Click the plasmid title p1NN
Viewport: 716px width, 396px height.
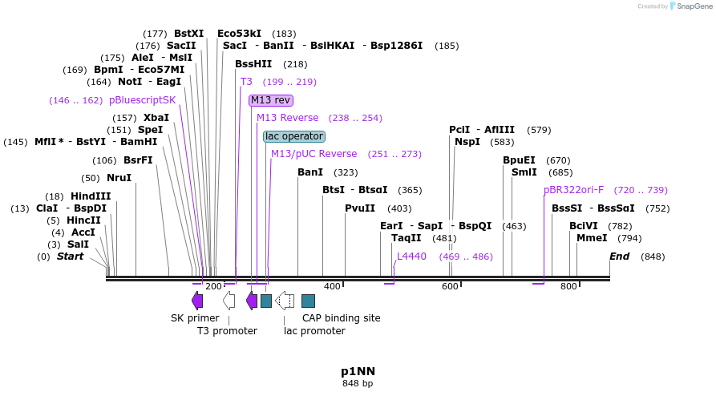click(x=358, y=371)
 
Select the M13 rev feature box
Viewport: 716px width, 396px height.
click(x=271, y=100)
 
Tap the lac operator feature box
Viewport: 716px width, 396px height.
click(x=294, y=136)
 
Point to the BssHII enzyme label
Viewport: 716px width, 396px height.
click(x=253, y=64)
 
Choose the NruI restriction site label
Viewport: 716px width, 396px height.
click(x=119, y=178)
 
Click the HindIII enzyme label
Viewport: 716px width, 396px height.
click(x=91, y=196)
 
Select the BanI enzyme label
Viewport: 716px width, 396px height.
click(x=310, y=172)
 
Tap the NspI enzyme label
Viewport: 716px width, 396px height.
click(x=467, y=142)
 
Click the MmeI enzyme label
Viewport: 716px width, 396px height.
click(x=592, y=238)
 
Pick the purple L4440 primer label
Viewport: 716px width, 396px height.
click(x=411, y=257)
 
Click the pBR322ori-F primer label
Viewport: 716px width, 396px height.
click(x=573, y=190)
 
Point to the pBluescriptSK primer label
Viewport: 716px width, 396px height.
click(x=142, y=100)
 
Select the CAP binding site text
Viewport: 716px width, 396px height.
click(x=341, y=318)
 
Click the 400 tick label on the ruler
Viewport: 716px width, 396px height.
click(x=332, y=286)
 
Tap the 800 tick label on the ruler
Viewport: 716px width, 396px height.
click(x=568, y=286)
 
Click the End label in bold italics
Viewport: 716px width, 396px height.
click(x=619, y=257)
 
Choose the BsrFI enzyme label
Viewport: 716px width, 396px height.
click(x=138, y=160)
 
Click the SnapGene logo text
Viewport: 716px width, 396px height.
click(x=690, y=6)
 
